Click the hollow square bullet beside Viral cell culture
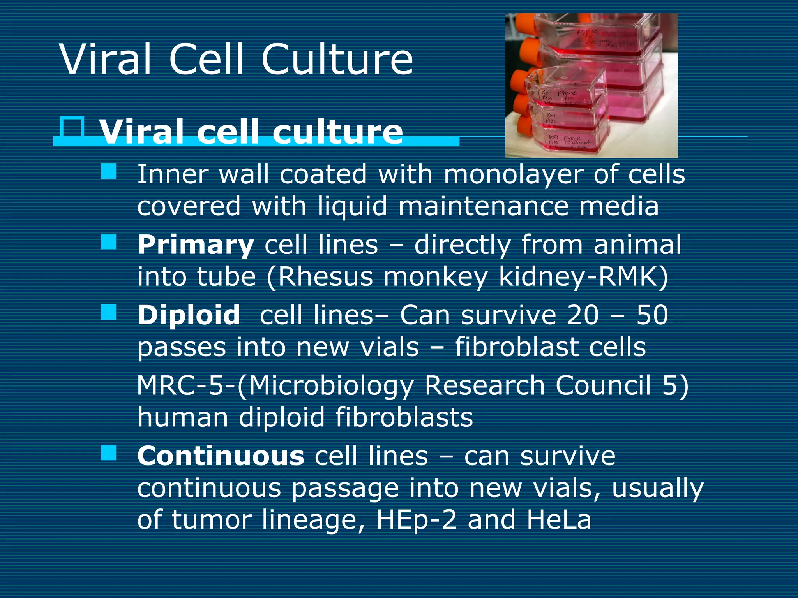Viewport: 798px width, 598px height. click(x=73, y=127)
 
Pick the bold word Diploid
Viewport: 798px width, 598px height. click(x=189, y=315)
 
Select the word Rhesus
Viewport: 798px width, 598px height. click(x=325, y=277)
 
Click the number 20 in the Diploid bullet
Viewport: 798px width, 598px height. click(x=583, y=315)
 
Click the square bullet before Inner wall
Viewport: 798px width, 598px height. click(x=108, y=171)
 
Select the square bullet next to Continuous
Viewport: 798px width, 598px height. click(x=108, y=453)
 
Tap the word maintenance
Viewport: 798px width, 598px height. click(x=483, y=206)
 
